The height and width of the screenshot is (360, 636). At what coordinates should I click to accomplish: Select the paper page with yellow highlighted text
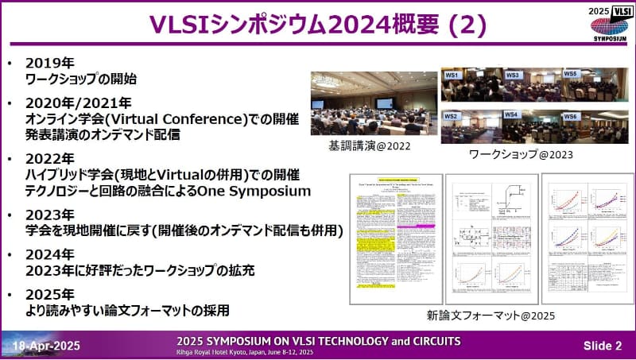click(393, 239)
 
